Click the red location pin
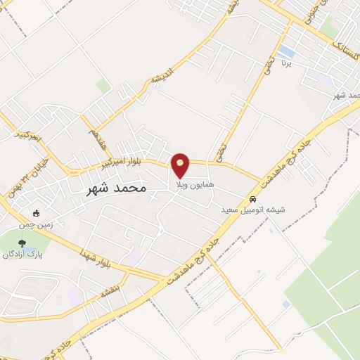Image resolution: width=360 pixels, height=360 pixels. click(181, 165)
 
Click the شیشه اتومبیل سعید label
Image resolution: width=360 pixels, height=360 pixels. click(243, 210)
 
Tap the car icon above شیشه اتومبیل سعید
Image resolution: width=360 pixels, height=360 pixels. click(253, 199)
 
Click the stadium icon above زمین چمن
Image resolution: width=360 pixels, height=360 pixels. click(37, 214)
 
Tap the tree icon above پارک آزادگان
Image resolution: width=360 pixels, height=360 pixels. click(22, 243)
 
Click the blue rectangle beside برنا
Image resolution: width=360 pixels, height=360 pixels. click(286, 52)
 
